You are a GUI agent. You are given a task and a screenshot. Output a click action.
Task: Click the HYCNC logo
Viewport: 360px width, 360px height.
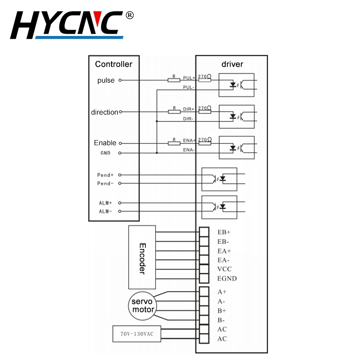pos(67,25)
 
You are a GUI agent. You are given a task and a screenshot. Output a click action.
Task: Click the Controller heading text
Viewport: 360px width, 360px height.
pos(113,64)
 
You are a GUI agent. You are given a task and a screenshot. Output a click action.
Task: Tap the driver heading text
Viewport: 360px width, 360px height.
pos(232,64)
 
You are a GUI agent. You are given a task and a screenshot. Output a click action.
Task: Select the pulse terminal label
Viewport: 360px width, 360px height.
pos(106,81)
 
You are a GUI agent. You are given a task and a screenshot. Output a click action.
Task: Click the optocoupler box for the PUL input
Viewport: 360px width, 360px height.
pos(236,85)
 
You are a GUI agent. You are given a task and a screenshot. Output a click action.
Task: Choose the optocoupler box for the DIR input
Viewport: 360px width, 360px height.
pos(236,116)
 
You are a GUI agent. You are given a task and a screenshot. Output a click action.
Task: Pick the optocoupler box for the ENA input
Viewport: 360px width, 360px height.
pos(236,147)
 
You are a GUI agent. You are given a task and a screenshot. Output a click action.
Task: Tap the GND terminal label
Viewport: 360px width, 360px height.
pos(104,153)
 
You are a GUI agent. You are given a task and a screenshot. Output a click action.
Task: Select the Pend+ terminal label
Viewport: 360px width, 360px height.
pos(106,175)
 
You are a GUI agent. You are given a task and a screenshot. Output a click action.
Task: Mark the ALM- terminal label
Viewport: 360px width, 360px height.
pos(106,211)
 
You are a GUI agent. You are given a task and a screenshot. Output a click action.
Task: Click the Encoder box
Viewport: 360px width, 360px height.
pos(142,257)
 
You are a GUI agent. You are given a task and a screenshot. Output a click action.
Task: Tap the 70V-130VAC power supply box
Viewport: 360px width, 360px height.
pos(136,334)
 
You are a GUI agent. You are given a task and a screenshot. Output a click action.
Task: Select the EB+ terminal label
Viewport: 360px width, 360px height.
pos(224,233)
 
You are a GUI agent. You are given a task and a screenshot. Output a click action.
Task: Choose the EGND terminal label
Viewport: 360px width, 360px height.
pos(227,279)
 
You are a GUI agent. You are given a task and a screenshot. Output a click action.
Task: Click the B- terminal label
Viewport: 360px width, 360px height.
pos(221,320)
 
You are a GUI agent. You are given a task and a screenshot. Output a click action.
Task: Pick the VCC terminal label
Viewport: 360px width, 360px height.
pos(224,269)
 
